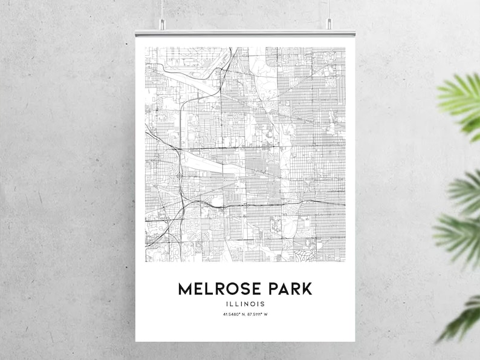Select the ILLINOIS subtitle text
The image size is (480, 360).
[x=245, y=304]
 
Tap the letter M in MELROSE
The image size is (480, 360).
[x=185, y=289]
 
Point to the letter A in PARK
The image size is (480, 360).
[x=282, y=289]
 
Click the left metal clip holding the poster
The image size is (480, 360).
[x=162, y=25]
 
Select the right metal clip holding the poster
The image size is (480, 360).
[x=329, y=25]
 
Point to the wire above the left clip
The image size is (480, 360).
[x=162, y=8]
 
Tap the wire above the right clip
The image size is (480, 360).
[x=329, y=8]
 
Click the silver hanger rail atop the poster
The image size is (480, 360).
[x=245, y=32]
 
